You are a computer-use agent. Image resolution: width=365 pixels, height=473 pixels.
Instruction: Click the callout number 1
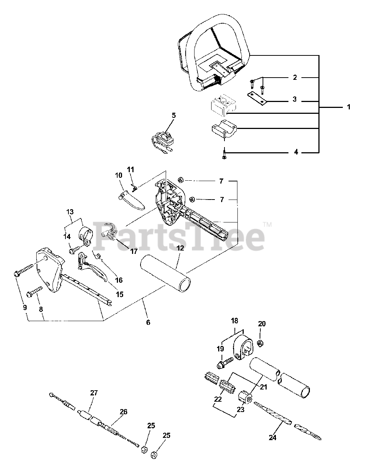(348, 107)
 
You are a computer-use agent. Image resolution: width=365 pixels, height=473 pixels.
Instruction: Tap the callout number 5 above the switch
(173, 115)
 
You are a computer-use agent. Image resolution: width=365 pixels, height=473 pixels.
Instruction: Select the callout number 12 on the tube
(180, 248)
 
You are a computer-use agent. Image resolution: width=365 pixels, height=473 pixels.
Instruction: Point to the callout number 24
(272, 438)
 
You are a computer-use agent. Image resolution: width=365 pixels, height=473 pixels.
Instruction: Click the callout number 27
(94, 393)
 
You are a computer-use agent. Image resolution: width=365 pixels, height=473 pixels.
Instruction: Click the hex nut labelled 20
(260, 343)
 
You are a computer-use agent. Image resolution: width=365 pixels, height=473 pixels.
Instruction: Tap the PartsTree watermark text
(180, 236)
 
